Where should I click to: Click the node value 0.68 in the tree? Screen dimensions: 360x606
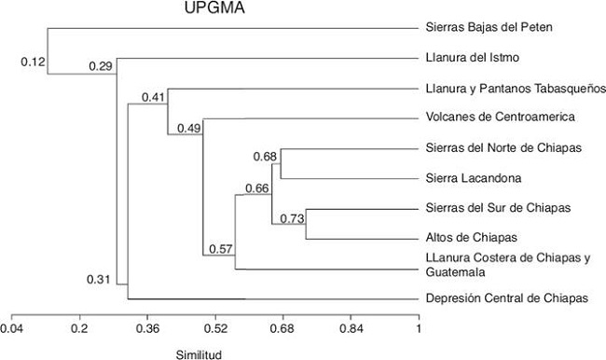pyautogui.click(x=265, y=156)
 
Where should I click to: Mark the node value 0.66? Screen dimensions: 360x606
pyautogui.click(x=257, y=188)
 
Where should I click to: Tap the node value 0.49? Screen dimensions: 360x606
pyautogui.click(x=189, y=128)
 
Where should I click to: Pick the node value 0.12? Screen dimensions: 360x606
pyautogui.click(x=33, y=62)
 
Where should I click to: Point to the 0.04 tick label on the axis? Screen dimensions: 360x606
pyautogui.click(x=11, y=328)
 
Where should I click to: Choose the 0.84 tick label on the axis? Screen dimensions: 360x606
pyautogui.click(x=351, y=328)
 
